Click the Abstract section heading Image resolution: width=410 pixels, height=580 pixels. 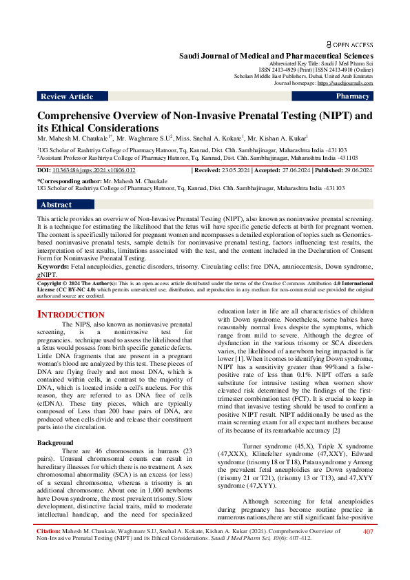click(56, 205)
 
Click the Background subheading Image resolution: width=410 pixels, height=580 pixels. click(54, 423)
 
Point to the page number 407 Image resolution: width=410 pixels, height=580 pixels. click(368, 550)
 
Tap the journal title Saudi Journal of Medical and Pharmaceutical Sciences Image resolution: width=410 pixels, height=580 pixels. click(276, 54)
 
